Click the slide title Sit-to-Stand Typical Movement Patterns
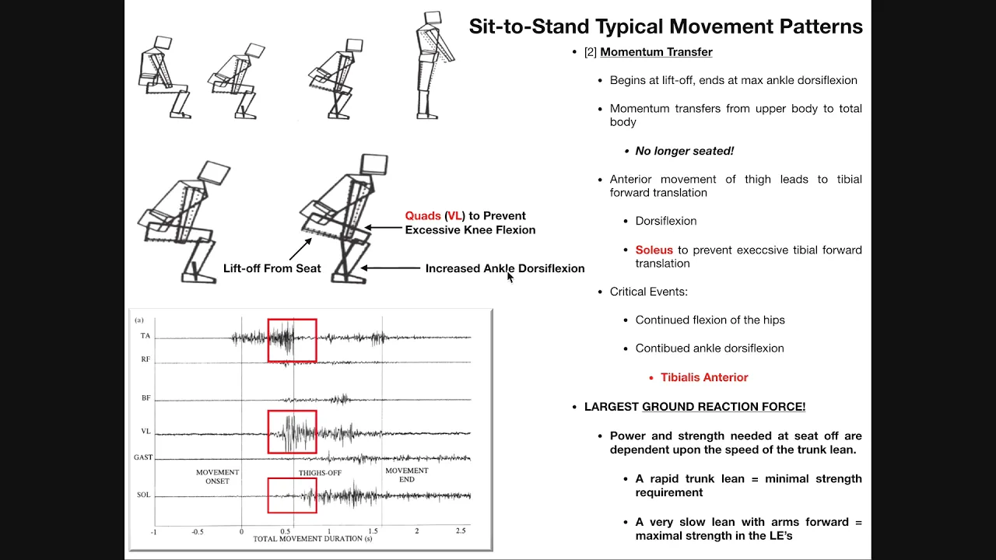pos(665,26)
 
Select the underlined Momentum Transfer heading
pos(656,52)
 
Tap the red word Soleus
pos(654,250)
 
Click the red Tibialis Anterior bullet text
pos(704,377)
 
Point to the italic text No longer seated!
pos(684,151)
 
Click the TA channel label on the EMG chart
pos(146,336)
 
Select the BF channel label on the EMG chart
pos(146,398)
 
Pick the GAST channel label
pos(143,457)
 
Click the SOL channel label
pos(144,495)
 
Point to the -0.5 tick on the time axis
pos(198,532)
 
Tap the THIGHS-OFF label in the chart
pos(320,473)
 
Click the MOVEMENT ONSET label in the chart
pos(217,477)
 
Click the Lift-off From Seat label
pos(272,268)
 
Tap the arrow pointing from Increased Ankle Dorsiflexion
pos(391,268)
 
